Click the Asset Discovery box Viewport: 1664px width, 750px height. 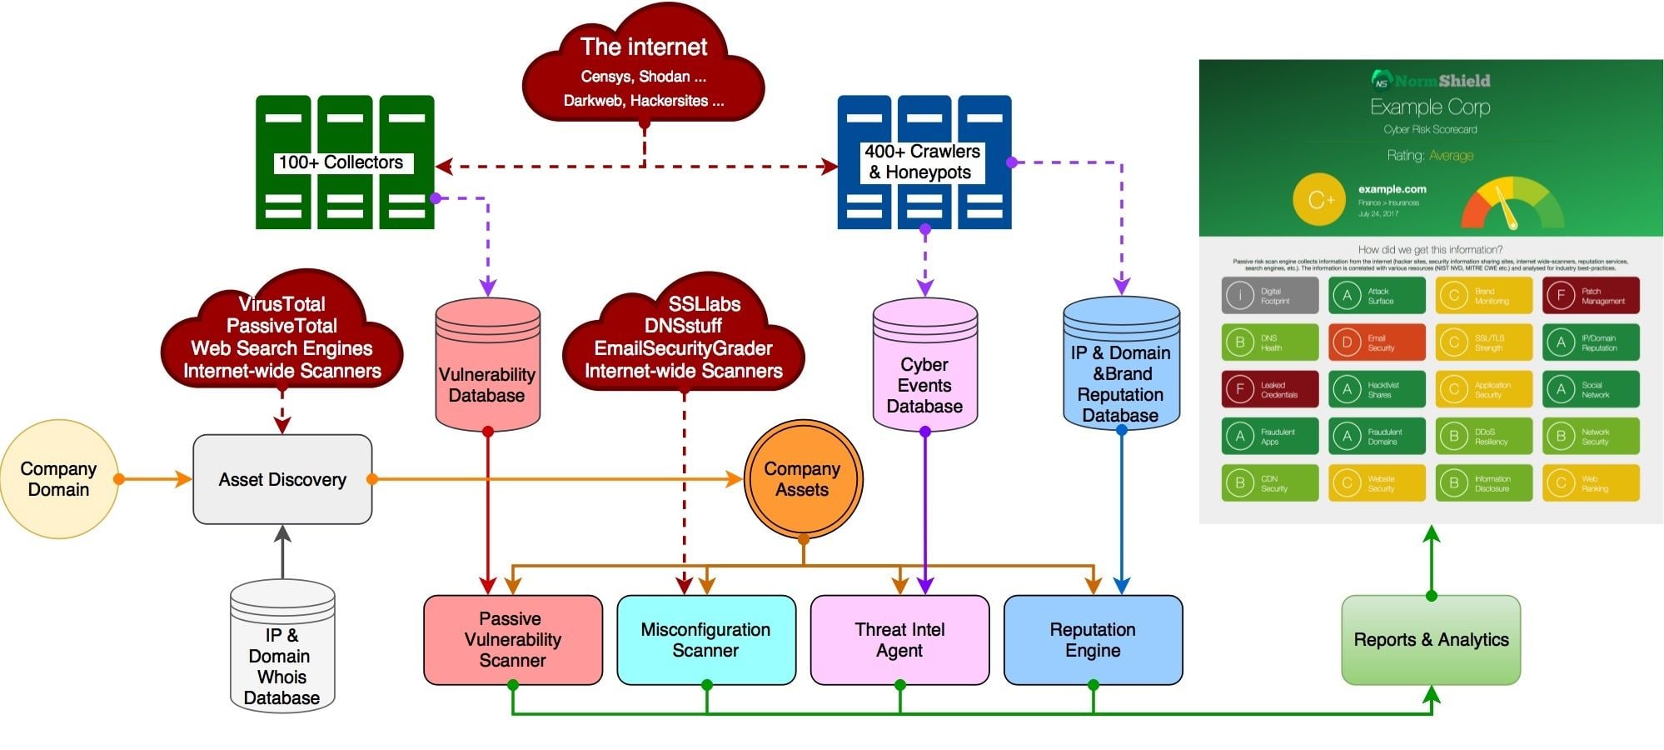[282, 479]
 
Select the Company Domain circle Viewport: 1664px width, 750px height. [58, 479]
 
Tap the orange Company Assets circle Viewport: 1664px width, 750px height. [802, 479]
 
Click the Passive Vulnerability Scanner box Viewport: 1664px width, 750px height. [512, 640]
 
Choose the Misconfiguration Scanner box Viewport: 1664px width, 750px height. [705, 640]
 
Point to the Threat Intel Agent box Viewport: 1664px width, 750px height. [899, 640]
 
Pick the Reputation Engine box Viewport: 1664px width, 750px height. [1093, 640]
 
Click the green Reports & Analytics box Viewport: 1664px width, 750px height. [1431, 640]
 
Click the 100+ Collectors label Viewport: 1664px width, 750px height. [341, 162]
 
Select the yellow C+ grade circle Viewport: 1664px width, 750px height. [1319, 200]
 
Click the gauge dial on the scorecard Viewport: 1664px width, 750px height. [1512, 204]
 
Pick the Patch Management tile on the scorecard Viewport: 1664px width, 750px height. [1591, 296]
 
